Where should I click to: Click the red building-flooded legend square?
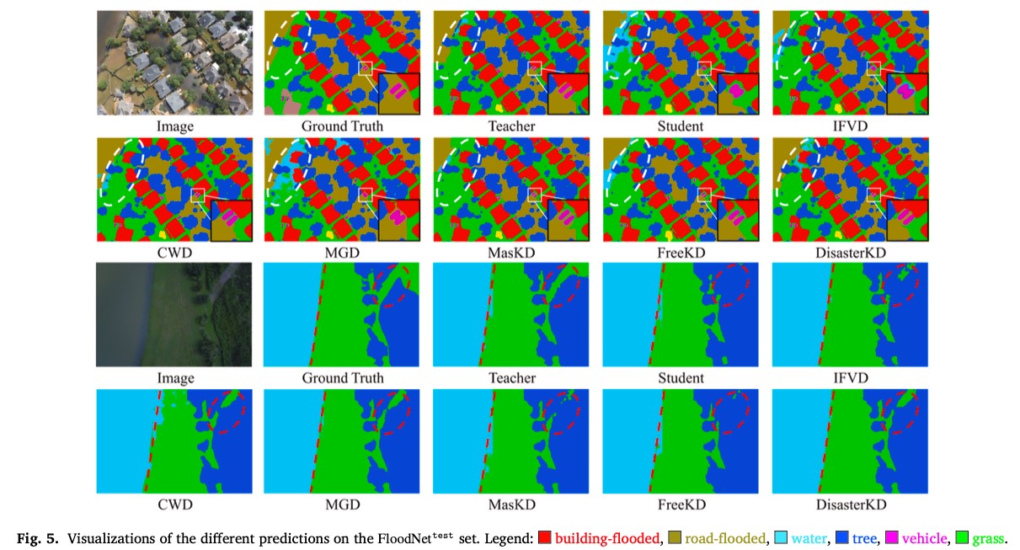pyautogui.click(x=544, y=537)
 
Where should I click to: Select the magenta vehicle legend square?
pyautogui.click(x=891, y=537)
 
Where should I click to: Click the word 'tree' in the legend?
pyautogui.click(x=865, y=537)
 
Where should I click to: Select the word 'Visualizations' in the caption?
pyautogui.click(x=108, y=537)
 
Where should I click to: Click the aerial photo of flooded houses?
pyautogui.click(x=174, y=62)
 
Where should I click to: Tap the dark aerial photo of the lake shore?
pyautogui.click(x=174, y=314)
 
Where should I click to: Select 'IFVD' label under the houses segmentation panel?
pyautogui.click(x=850, y=126)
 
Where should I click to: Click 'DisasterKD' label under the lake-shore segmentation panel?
pyautogui.click(x=850, y=505)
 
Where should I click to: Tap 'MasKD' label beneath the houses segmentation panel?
pyautogui.click(x=511, y=253)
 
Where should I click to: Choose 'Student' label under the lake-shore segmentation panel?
pyautogui.click(x=681, y=378)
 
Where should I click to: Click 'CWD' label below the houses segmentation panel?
pyautogui.click(x=174, y=253)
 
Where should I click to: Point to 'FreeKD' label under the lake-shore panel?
pyautogui.click(x=681, y=505)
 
